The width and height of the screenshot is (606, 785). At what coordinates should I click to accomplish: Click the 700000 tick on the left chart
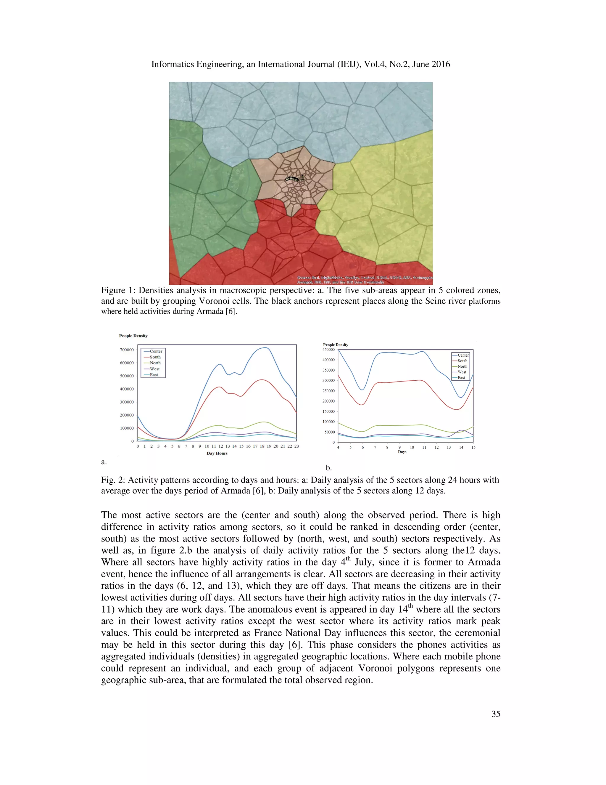coord(126,350)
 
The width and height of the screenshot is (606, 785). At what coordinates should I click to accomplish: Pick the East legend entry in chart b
coord(461,378)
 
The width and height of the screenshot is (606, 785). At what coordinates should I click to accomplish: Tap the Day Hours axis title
coord(217,453)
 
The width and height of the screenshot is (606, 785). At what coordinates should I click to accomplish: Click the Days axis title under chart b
coord(402,452)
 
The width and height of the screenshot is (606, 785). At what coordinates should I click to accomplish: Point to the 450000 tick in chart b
coord(328,350)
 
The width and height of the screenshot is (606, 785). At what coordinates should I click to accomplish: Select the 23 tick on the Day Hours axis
coord(296,446)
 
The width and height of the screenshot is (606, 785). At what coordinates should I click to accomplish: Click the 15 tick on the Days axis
coord(473,448)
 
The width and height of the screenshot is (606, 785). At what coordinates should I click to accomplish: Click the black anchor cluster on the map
coord(292,179)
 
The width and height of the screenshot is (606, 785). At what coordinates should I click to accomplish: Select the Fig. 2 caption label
coord(112,480)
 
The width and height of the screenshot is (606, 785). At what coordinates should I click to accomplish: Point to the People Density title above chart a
coord(133,336)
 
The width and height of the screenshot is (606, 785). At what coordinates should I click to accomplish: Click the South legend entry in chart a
coord(155,357)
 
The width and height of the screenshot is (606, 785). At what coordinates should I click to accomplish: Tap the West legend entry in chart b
coord(462,372)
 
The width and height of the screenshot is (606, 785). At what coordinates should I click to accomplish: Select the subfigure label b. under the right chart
coord(328,468)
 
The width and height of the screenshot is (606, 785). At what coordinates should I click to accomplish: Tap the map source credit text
coord(364,280)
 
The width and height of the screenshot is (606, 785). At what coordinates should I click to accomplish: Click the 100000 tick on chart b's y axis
coord(328,422)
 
